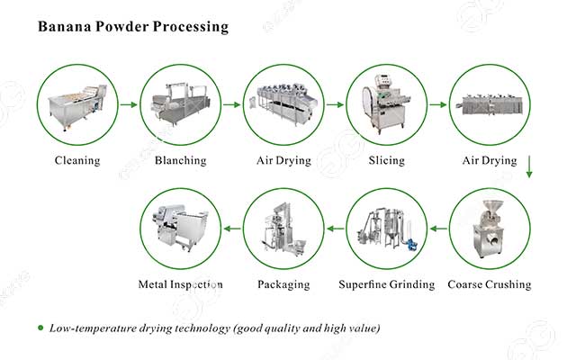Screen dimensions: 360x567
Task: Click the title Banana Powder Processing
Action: pos(132,27)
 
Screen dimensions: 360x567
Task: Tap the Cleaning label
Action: pos(76,161)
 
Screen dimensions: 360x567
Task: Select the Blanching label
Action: pos(180,161)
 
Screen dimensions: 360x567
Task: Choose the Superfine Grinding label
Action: pos(387,285)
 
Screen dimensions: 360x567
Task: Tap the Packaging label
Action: pos(283,285)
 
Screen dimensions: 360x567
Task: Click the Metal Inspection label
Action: pos(180,285)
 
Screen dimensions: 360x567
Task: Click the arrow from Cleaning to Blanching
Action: pos(129,105)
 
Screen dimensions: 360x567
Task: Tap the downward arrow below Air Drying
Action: pos(530,167)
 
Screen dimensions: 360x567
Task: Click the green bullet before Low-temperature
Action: pos(40,328)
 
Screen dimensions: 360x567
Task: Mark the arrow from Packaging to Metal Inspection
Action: pos(232,229)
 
